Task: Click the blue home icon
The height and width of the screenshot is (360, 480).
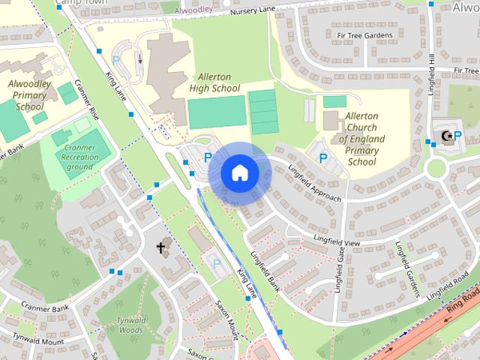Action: [x=239, y=173]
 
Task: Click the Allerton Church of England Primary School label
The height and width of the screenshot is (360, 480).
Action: [x=362, y=139]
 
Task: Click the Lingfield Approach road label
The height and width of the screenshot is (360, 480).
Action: [x=314, y=184]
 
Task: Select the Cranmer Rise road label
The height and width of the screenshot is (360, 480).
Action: [x=95, y=115]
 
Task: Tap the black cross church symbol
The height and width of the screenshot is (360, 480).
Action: [x=160, y=247]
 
